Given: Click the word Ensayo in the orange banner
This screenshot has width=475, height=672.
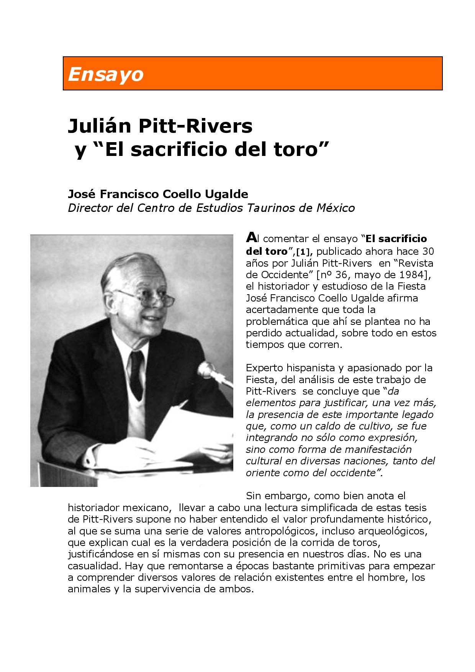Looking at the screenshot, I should [x=105, y=74].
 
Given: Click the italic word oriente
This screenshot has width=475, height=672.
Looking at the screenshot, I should [x=262, y=472].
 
